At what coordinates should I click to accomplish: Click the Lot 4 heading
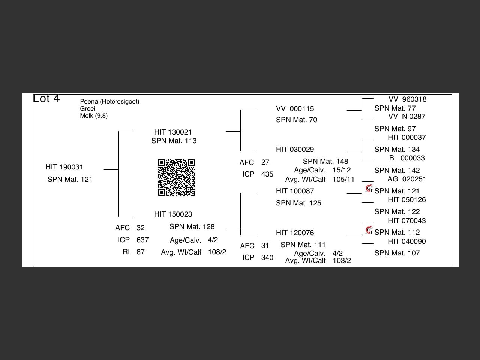coord(46,99)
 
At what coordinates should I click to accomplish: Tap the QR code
coord(176,177)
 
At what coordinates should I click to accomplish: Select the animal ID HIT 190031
coord(64,167)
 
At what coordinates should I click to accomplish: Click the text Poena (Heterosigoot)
coord(109,102)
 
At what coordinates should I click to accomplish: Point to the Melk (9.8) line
coord(94,116)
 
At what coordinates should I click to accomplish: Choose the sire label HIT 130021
coord(173,132)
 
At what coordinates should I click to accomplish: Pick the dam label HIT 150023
coord(173,214)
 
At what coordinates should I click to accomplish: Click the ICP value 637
coord(142,240)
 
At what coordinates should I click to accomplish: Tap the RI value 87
coord(141,252)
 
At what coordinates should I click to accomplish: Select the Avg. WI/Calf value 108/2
coord(217,252)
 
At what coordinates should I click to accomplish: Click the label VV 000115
coord(295,109)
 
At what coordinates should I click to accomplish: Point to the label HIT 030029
coord(295,150)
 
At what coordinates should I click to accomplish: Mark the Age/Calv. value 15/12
coord(342,170)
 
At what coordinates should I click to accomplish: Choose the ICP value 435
coord(267,174)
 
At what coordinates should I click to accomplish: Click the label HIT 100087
coord(295,191)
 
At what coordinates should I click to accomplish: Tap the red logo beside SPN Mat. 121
coord(369,188)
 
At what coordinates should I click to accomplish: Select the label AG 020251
coord(406,179)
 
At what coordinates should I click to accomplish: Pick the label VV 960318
coord(407,99)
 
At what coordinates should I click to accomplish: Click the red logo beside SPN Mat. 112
coord(369,229)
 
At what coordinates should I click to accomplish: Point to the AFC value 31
coord(265,246)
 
